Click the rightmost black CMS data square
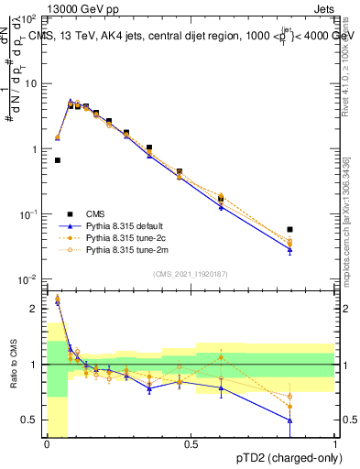coord(290,230)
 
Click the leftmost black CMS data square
coord(58,160)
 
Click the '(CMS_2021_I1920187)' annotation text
coord(191,273)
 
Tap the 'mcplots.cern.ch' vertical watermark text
coord(349,229)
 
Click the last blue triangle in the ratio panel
coord(290,420)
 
